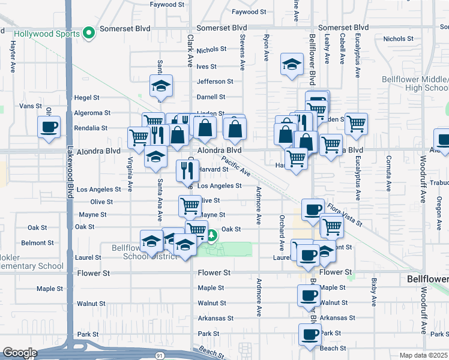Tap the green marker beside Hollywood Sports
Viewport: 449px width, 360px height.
89,32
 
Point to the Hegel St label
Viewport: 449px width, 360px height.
86,97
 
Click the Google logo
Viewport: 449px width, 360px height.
20,353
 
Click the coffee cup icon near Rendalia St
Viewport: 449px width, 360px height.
49,127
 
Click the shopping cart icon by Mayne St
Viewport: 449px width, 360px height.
190,206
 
